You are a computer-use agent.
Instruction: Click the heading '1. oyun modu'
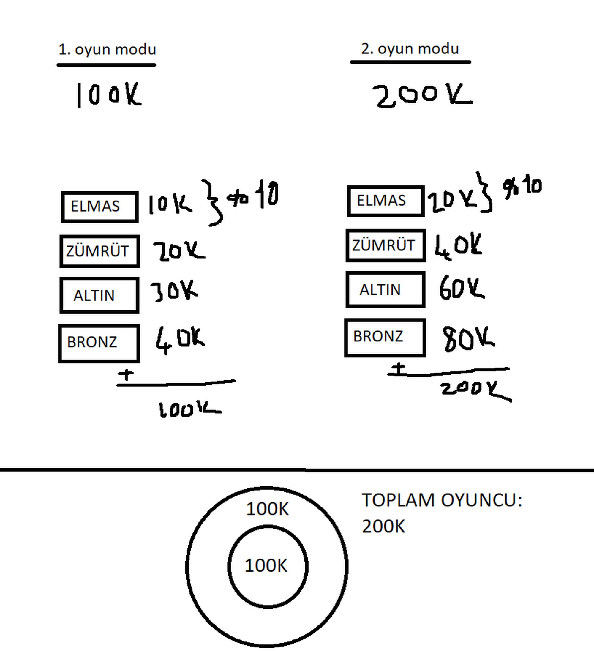(x=107, y=49)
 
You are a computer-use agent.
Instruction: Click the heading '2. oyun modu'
(x=410, y=49)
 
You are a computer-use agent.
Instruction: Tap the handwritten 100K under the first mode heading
(x=108, y=94)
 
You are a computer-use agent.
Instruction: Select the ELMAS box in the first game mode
(x=100, y=207)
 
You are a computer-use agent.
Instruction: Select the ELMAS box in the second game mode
(x=386, y=201)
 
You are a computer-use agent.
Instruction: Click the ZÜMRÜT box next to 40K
(x=386, y=245)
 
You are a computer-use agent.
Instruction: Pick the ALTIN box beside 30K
(x=99, y=295)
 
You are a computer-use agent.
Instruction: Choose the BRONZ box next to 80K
(x=385, y=338)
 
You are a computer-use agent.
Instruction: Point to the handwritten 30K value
(x=174, y=291)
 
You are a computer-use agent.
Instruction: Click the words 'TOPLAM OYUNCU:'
(x=442, y=500)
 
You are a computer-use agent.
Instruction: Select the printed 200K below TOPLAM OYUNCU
(x=383, y=526)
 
